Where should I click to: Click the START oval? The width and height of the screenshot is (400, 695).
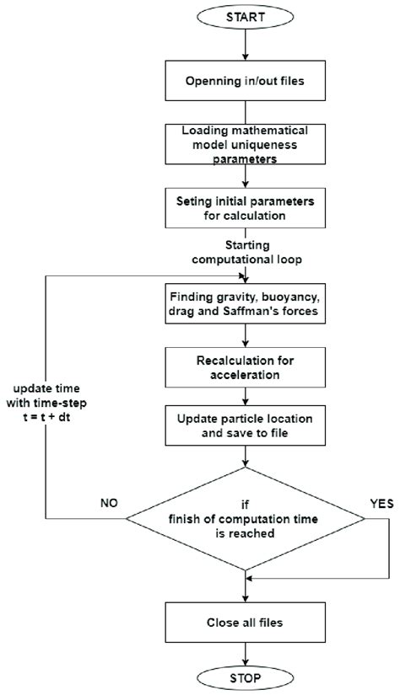[244, 16]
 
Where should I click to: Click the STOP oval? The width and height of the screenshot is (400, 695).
[244, 676]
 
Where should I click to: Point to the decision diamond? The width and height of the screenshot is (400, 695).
[244, 516]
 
